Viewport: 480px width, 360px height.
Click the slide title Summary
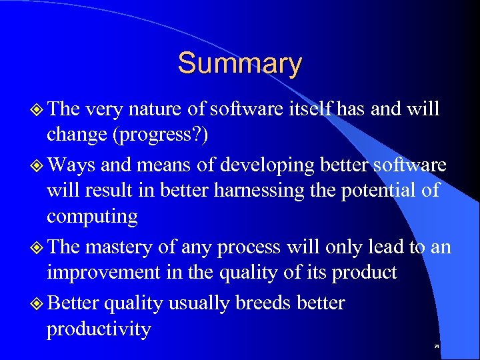239,64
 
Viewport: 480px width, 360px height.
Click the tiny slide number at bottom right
437,347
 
